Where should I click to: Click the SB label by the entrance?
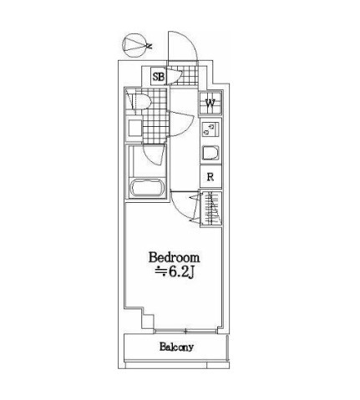click(159, 76)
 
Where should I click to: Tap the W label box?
click(210, 103)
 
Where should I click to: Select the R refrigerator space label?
click(210, 177)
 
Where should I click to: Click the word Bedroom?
click(175, 257)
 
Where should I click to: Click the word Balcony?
click(176, 347)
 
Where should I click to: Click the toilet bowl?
click(141, 102)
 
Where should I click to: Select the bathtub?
click(147, 188)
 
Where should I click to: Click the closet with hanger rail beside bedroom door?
click(211, 208)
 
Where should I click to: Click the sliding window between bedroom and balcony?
click(185, 332)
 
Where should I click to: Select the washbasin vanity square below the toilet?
click(135, 128)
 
